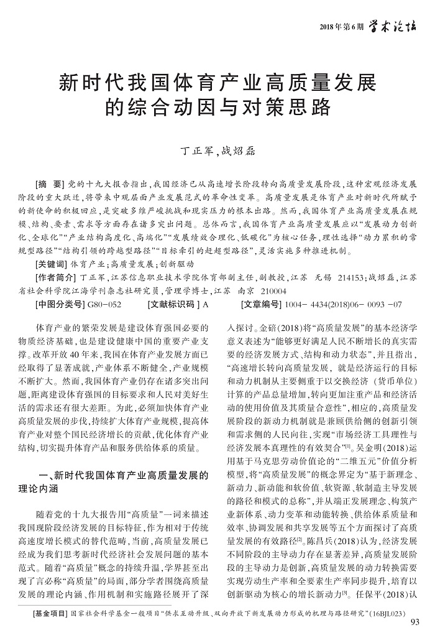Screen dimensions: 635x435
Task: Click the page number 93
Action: (x=416, y=624)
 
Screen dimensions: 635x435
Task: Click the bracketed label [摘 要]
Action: (x=49, y=186)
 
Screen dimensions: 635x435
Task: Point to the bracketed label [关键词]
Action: (x=50, y=264)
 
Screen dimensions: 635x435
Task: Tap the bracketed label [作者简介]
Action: (x=54, y=277)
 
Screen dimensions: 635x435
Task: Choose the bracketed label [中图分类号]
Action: (x=58, y=305)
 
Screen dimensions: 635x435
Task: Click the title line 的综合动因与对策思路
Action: (x=217, y=107)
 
